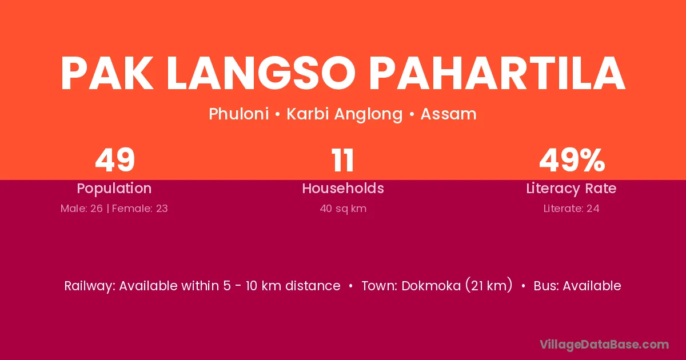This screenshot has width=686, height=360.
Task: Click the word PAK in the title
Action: coord(107,73)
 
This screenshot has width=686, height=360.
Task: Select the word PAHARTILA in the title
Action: coord(497,73)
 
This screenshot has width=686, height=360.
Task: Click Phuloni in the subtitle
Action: coord(239,114)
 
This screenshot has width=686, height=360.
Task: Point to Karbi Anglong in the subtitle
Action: coord(345,115)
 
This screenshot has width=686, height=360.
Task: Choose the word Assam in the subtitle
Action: coord(448,114)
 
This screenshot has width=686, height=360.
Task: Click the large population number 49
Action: coord(115,160)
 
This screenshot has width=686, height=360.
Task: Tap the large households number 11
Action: coord(343,160)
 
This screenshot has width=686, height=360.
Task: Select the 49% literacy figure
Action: coord(572,160)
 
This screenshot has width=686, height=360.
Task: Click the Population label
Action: coord(114,189)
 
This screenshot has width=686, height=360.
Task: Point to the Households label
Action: coord(343,188)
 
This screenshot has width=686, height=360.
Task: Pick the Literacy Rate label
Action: coord(571,189)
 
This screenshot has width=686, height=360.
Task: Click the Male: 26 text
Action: coord(81,209)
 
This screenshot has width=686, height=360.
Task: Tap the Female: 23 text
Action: coord(139,209)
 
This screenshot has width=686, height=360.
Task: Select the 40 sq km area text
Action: coord(343,209)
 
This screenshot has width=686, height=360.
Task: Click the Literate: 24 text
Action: coord(571,209)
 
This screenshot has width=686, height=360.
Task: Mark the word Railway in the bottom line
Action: coord(89,286)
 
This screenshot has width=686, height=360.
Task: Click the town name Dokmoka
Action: coord(431,286)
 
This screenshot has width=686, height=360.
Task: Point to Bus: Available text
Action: coord(577,286)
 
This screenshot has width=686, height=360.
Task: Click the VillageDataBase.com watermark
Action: coord(604,345)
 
